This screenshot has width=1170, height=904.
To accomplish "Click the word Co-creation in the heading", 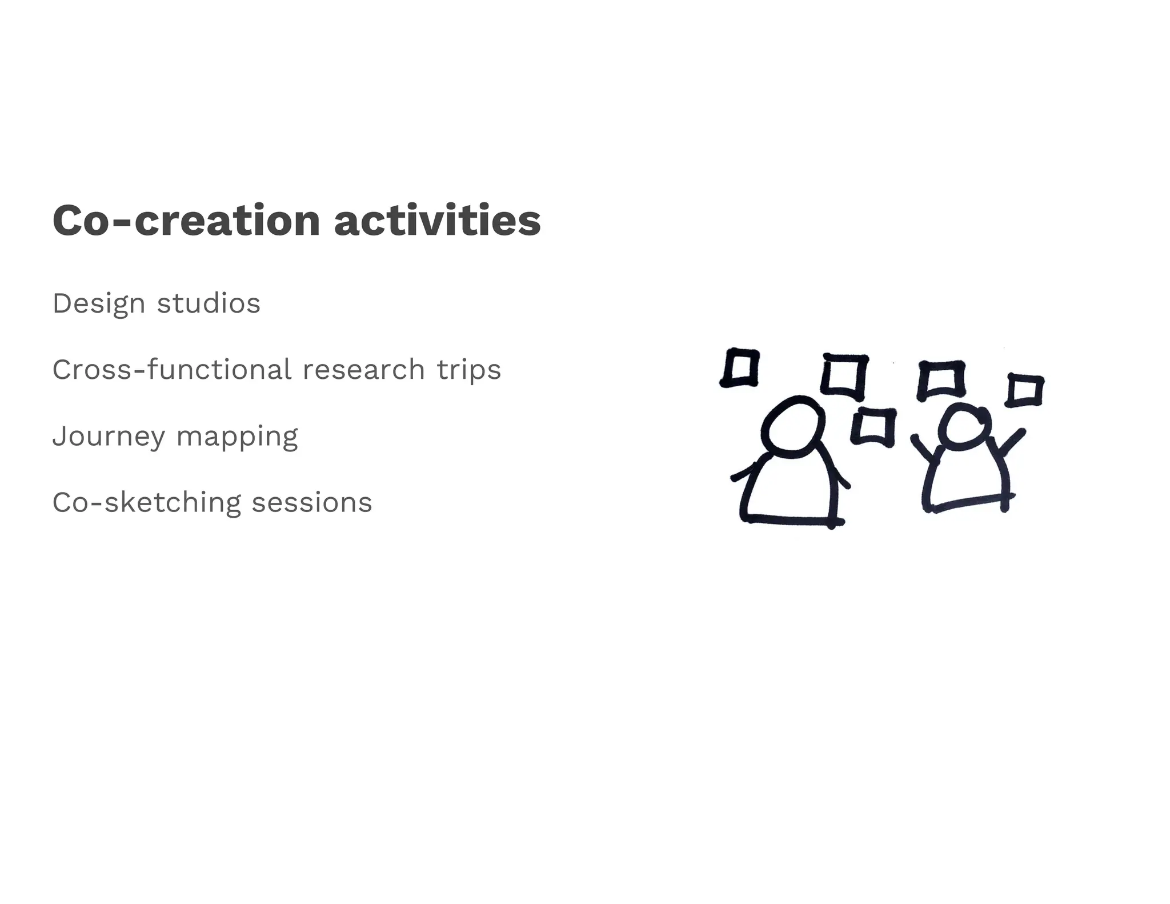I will tap(186, 221).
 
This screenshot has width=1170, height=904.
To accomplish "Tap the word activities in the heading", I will tap(437, 221).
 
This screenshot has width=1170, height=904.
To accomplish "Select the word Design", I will tap(98, 304).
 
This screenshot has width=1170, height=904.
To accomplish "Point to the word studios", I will tap(209, 303).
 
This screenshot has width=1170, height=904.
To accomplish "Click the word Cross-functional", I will tap(171, 370).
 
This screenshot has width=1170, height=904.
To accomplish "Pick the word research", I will tap(363, 370).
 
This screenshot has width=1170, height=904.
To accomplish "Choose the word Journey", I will tap(109, 437).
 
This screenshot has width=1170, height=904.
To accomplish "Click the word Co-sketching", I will tap(147, 503).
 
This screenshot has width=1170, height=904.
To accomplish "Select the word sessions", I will tap(312, 503).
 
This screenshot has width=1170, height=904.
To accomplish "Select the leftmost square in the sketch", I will tap(740, 367).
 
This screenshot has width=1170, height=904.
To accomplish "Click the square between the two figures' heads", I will tap(872, 426).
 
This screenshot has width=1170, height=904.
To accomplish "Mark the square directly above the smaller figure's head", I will tap(941, 378).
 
